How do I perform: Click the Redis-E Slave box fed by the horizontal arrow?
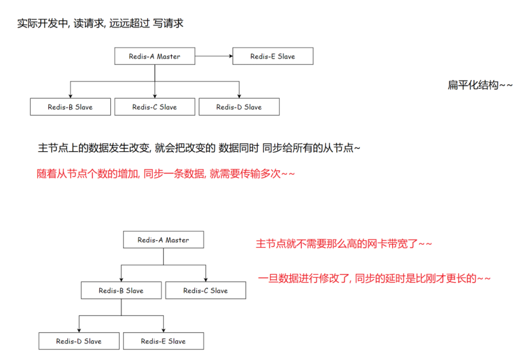pos(273,56)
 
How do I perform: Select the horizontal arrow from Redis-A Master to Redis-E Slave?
pos(213,56)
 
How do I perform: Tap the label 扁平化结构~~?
pos(480,85)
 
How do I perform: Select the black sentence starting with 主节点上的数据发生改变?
pos(199,148)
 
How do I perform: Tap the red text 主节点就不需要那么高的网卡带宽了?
pos(344,244)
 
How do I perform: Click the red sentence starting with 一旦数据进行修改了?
pos(375,278)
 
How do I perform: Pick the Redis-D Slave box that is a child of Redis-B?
pos(79,341)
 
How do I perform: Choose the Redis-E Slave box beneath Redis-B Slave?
pos(164,341)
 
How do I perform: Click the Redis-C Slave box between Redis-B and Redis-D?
pos(154,107)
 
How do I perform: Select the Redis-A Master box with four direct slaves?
pos(154,56)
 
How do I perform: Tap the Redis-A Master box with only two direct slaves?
pos(164,240)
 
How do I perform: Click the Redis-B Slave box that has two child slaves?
pos(121,290)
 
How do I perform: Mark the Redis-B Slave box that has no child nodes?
pos(70,107)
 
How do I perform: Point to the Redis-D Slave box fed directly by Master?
pos(239,107)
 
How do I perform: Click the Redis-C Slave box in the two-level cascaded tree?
pos(206,290)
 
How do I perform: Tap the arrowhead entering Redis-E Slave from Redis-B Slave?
pos(164,330)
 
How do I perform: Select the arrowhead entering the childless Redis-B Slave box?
pos(70,96)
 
